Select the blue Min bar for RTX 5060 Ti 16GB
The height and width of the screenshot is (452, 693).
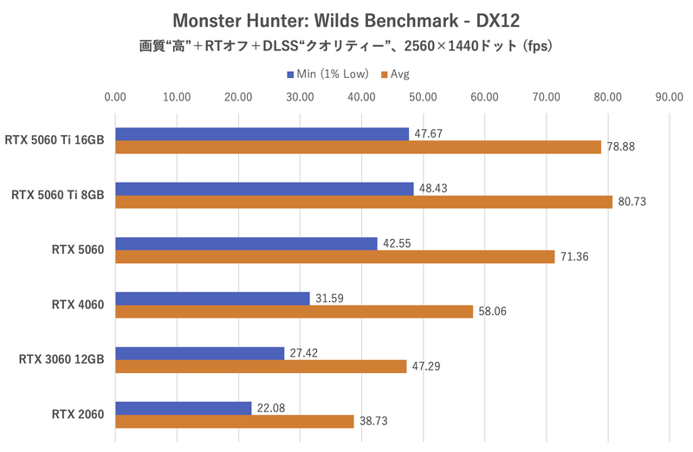click(262, 133)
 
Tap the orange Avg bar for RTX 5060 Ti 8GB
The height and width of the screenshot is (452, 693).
click(364, 202)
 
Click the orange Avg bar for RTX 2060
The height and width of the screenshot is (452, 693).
click(235, 421)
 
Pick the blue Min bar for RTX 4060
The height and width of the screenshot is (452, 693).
click(212, 298)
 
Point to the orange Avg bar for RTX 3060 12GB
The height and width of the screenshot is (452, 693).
click(261, 366)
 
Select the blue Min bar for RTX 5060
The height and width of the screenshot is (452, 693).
click(246, 243)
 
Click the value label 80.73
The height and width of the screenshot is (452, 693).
click(632, 202)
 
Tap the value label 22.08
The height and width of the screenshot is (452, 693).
click(272, 408)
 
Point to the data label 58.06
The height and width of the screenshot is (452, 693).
click(494, 312)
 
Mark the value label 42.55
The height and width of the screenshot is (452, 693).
click(398, 243)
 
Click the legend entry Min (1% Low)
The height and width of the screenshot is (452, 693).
click(327, 74)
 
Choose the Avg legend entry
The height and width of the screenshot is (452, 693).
click(399, 74)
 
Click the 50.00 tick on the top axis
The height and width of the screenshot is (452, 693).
click(423, 97)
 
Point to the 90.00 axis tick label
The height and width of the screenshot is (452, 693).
click(670, 97)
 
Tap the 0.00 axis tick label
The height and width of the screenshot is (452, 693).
click(114, 97)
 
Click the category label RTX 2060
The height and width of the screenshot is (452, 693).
click(78, 414)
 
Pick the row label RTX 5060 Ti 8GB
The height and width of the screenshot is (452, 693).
click(58, 195)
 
